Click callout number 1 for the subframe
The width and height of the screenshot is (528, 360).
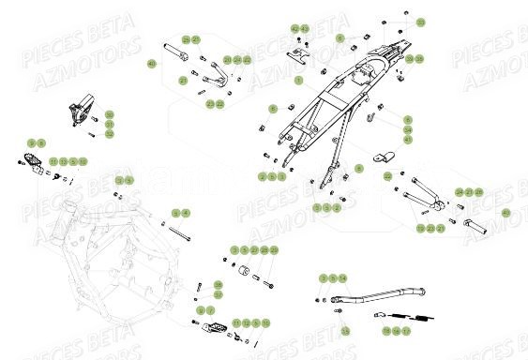point(298,82)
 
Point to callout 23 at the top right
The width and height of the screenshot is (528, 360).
point(420,21)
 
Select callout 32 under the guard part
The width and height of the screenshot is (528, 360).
point(110,134)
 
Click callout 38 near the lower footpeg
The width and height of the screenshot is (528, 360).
point(218,284)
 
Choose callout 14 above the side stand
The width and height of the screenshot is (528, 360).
point(343,278)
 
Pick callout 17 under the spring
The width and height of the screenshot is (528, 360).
point(405,331)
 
